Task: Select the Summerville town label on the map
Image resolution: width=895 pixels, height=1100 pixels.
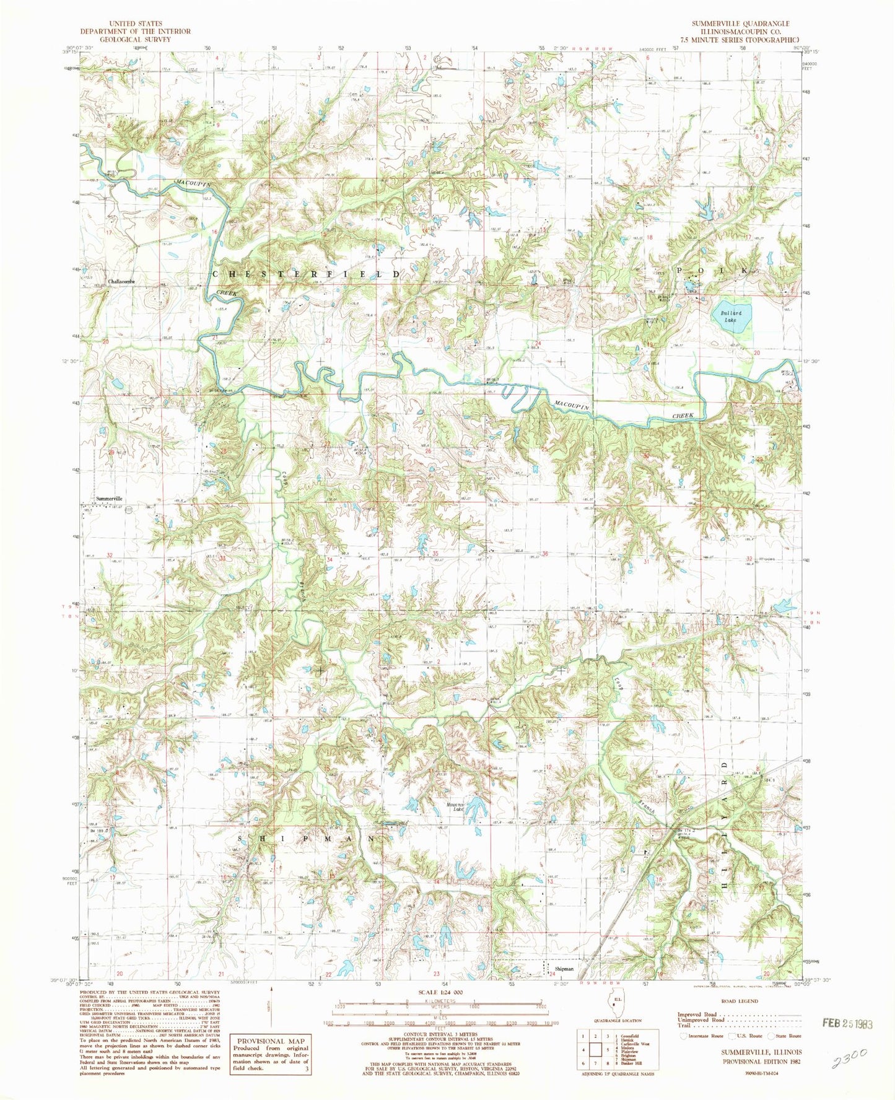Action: tap(110, 498)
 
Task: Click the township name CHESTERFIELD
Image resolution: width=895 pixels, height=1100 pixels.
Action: tap(307, 273)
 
